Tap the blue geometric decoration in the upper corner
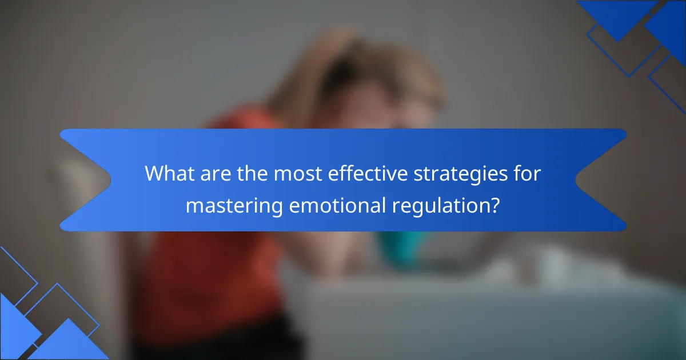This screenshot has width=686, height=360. pyautogui.click(x=640, y=34)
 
